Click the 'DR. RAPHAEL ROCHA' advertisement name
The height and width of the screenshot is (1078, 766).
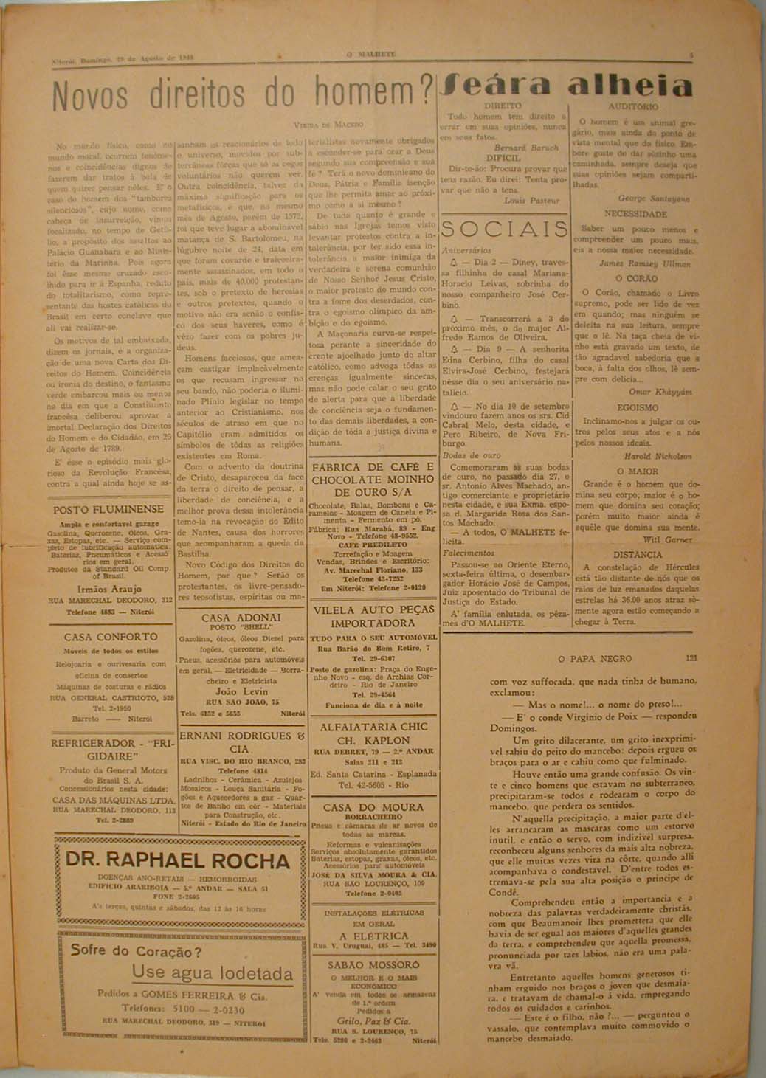[179, 860]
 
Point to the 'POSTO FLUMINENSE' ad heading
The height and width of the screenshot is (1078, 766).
[108, 509]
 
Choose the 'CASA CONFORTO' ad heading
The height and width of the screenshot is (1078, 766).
[111, 636]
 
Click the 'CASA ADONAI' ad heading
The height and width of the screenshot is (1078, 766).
[241, 617]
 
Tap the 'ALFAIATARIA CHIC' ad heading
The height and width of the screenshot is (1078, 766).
[373, 726]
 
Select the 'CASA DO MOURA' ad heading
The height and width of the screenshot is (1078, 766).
[373, 807]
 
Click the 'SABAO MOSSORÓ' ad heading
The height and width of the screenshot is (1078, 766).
[373, 964]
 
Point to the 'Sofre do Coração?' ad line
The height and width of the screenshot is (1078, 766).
[136, 950]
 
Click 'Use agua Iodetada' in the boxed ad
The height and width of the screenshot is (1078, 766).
[213, 972]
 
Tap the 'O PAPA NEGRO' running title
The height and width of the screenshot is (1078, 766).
[595, 658]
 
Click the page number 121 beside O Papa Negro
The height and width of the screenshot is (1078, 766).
[691, 658]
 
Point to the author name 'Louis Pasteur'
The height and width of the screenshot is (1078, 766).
[532, 200]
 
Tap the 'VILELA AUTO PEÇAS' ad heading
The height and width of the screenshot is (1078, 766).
[373, 610]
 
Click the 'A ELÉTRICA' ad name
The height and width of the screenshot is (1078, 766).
[373, 936]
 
